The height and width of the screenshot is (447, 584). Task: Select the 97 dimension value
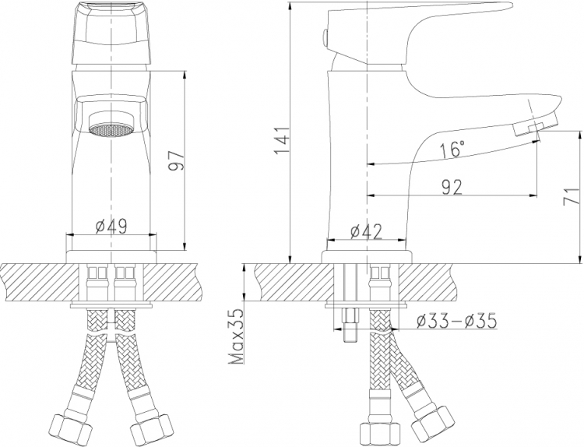coord(176,161)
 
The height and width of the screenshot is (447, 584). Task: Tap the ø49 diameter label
coord(111,226)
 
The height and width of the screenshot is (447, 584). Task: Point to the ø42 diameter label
coord(367,232)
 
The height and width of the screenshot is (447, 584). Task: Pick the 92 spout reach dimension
coord(452,187)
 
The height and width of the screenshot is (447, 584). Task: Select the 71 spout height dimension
coord(572,196)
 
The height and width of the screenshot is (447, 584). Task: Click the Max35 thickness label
coord(235,336)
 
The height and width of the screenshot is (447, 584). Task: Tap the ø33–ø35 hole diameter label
coord(456,321)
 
